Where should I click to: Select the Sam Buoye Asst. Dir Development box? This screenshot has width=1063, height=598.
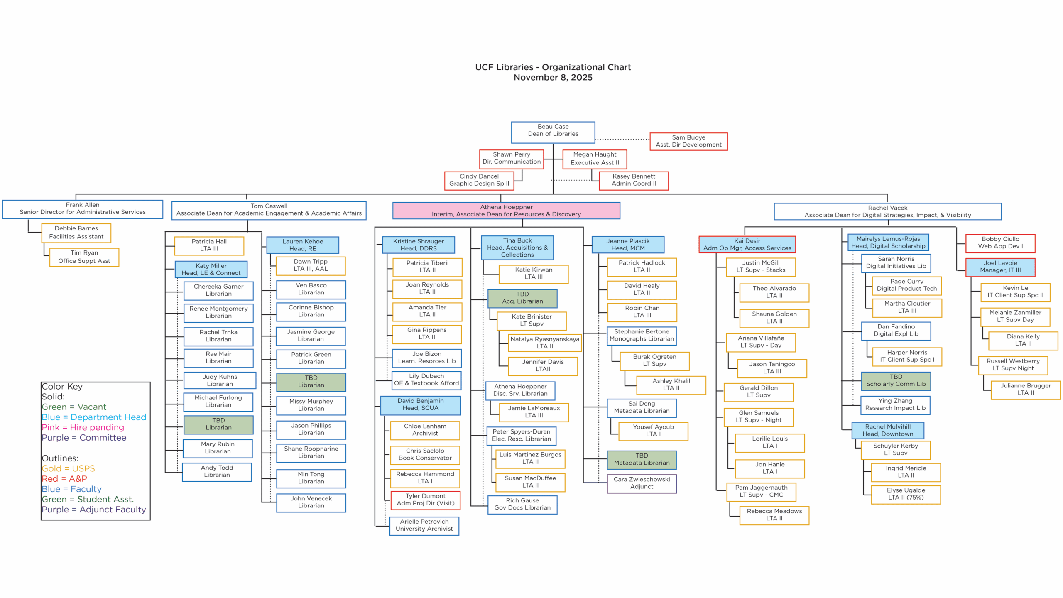688,141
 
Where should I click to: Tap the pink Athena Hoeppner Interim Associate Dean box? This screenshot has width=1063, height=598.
506,211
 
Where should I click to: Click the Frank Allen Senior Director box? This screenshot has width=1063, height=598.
82,209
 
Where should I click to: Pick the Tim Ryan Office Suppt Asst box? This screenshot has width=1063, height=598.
84,257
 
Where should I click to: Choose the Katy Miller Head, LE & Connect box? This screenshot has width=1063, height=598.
211,269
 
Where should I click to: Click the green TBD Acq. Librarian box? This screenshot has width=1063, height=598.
522,298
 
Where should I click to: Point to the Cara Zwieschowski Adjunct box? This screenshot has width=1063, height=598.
641,483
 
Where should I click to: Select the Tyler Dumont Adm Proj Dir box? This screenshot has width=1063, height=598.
425,500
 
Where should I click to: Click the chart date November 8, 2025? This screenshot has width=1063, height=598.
553,78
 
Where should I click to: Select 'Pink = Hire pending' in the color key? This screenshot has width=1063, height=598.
83,427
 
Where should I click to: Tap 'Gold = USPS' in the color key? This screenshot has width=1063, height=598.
68,468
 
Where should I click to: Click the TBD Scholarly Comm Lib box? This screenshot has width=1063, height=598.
895,381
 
